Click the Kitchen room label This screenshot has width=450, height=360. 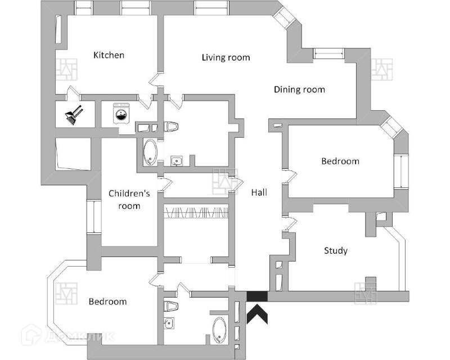[109, 55]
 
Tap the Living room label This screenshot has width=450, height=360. [226, 57]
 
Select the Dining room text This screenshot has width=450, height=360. [299, 89]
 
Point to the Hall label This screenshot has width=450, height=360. [259, 192]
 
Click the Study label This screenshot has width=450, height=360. [336, 250]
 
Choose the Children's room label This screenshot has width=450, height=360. [129, 199]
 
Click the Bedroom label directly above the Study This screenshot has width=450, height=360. [340, 161]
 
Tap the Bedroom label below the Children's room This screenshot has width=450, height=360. [107, 301]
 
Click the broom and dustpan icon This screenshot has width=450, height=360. [73, 115]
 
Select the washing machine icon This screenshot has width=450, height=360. [121, 114]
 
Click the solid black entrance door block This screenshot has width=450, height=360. [258, 297]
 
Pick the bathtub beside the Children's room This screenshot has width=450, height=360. [150, 152]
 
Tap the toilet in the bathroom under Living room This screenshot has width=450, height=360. [171, 126]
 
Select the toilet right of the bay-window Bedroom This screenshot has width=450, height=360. [171, 306]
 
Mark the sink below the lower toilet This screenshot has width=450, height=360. [169, 322]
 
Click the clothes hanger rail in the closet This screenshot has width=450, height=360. [196, 211]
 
